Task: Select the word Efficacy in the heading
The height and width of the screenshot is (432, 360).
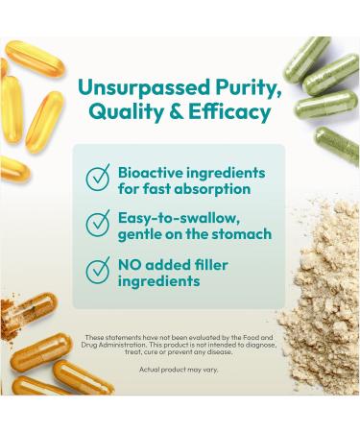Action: coord(230,112)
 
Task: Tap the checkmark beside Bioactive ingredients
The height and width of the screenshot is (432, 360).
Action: coord(98,179)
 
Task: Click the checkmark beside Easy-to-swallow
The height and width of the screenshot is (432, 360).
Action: coord(98,225)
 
